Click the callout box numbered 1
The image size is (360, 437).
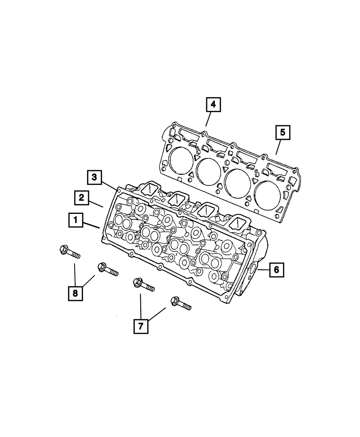[x=76, y=219]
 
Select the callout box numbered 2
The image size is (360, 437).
[x=82, y=198]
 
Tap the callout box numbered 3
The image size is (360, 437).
[x=94, y=177]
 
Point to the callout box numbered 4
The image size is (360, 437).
[x=213, y=105]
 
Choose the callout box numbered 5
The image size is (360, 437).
[x=283, y=132]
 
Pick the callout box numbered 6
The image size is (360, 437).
[x=276, y=270]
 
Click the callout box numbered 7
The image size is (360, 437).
[x=141, y=326]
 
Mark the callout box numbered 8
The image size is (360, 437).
[x=75, y=293]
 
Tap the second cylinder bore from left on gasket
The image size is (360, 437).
[x=208, y=171]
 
